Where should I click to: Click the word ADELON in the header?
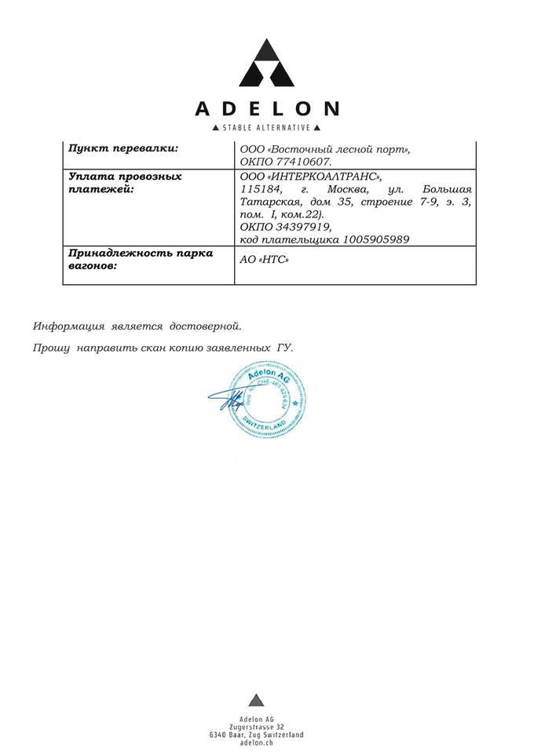click(267, 108)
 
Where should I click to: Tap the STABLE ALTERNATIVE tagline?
click(267, 128)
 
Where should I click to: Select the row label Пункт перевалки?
click(123, 148)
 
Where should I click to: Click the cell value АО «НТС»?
click(263, 261)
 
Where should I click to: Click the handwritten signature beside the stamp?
click(224, 400)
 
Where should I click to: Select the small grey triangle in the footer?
click(254, 701)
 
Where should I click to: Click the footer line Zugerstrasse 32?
click(256, 727)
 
